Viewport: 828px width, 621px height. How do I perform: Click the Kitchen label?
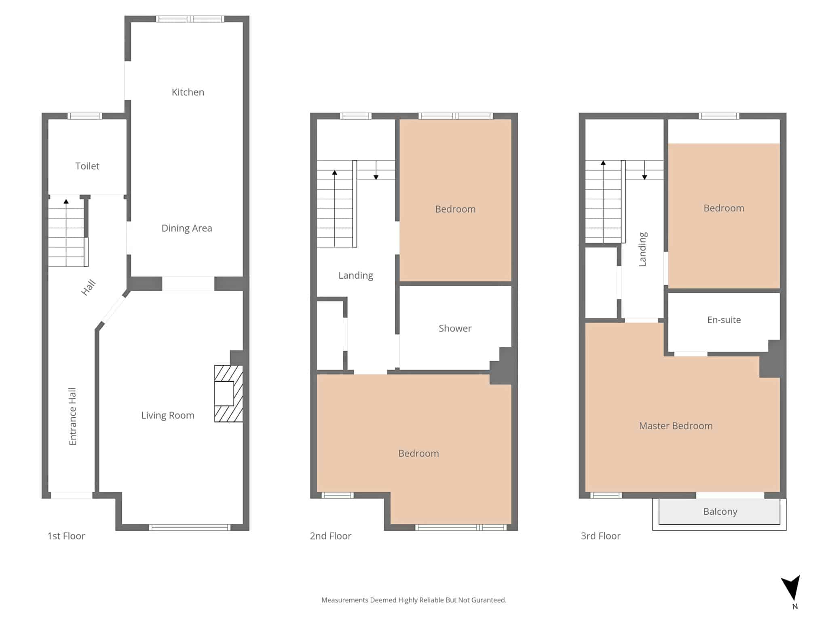click(188, 92)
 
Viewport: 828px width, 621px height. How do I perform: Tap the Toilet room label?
click(87, 166)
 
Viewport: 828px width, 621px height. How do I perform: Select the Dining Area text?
click(187, 228)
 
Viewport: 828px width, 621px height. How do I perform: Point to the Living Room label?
click(168, 415)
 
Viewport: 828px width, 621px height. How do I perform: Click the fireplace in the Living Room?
click(228, 394)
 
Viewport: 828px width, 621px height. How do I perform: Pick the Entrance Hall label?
click(73, 416)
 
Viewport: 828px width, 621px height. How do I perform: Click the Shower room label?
click(455, 328)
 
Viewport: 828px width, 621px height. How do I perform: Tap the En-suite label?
click(724, 320)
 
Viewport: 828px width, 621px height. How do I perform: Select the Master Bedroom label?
click(676, 426)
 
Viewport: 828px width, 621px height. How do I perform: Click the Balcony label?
click(720, 511)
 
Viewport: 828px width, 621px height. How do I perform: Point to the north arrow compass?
click(791, 588)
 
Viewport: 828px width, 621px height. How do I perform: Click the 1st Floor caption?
click(66, 536)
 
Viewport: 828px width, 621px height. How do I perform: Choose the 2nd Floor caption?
click(331, 536)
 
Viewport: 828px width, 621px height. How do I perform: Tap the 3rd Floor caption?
click(601, 536)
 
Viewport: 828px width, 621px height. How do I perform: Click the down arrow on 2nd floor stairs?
click(376, 170)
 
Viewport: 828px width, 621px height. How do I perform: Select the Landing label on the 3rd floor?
click(643, 249)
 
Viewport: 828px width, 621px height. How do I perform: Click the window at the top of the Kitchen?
click(190, 19)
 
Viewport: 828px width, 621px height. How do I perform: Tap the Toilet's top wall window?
click(85, 116)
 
